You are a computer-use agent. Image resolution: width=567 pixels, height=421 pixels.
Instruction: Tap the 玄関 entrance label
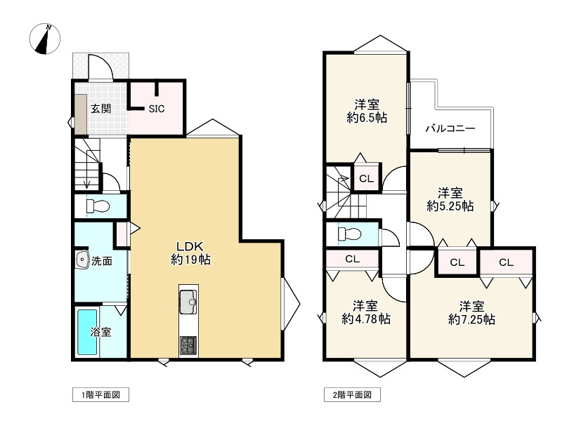click(100, 109)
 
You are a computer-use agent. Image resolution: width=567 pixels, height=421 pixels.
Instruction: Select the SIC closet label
click(157, 109)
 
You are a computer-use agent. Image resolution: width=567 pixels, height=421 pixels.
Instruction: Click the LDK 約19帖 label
click(190, 253)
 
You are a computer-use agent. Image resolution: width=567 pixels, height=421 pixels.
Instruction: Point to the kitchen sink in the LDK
click(189, 303)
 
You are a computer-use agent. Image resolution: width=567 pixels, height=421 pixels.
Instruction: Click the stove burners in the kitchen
click(189, 345)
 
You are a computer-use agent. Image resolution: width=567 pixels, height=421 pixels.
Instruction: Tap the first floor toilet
click(96, 206)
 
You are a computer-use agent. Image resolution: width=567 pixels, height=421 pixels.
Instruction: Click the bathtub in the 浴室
click(87, 332)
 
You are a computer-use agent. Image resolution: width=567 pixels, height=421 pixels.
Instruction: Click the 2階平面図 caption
click(352, 395)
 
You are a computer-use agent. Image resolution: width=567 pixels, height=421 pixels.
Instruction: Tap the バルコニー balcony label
click(450, 129)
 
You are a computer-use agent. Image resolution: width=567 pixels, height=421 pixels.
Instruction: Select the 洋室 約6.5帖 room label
click(366, 112)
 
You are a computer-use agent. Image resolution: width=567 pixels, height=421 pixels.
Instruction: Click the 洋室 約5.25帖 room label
click(450, 199)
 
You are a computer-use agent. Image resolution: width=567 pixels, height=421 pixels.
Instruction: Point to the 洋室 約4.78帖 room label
click(366, 312)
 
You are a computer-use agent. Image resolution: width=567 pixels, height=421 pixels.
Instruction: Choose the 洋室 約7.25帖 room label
click(471, 312)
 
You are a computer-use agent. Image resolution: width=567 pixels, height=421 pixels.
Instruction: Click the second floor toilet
click(348, 234)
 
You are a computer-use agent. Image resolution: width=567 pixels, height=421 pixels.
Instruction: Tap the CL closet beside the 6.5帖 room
click(366, 179)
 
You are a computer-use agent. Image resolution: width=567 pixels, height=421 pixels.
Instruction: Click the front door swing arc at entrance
click(103, 67)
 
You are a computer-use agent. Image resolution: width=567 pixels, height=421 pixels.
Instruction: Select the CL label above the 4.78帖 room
click(352, 259)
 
